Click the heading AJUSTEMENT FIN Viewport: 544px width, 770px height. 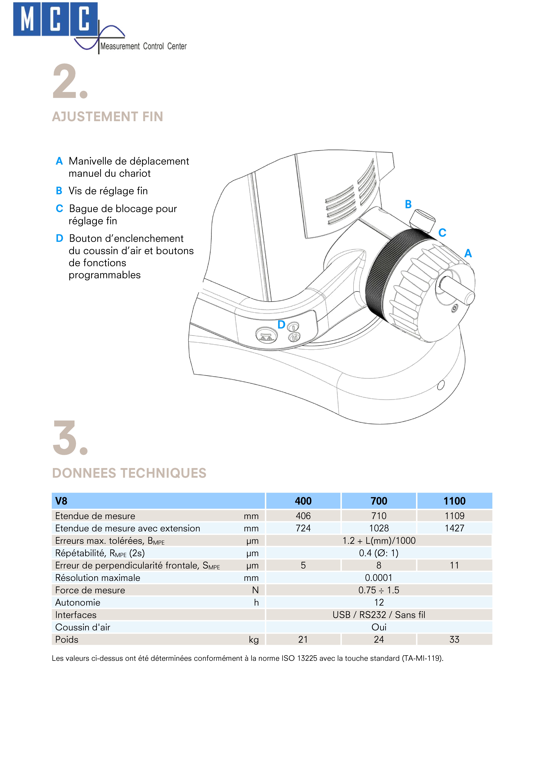pos(107,117)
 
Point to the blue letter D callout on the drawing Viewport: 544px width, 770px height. pos(281,325)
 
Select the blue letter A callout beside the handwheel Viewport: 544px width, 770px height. pos(468,253)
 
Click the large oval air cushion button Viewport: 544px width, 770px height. pos(267,335)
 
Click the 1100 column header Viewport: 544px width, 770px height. pos(454,501)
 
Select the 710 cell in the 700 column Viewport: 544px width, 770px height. pos(379,516)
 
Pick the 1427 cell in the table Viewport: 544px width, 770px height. pos(454,528)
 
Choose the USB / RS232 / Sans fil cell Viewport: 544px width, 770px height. pos(379,615)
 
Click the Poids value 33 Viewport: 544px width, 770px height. pos(454,640)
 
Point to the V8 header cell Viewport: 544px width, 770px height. pos(61,501)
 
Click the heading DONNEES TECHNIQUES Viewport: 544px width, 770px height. pos(129,473)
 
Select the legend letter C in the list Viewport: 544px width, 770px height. pos(59,209)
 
